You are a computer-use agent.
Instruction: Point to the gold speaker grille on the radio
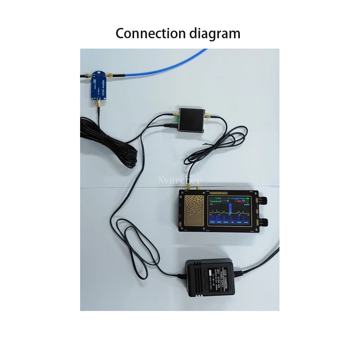pos(194,211)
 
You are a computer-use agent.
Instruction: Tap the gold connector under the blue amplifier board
pos(97,106)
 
